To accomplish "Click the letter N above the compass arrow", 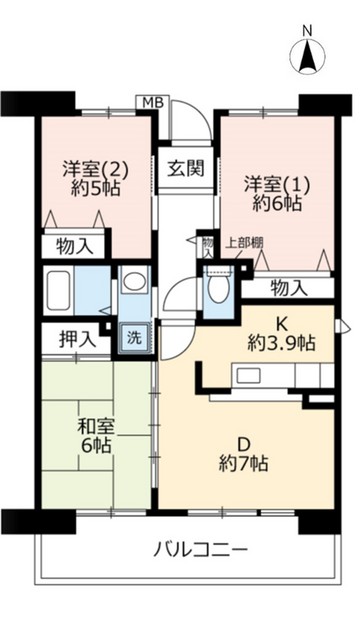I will click(308, 28).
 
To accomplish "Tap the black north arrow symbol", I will click(308, 54).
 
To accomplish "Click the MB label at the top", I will click(151, 102).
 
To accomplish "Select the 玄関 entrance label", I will click(185, 166).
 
